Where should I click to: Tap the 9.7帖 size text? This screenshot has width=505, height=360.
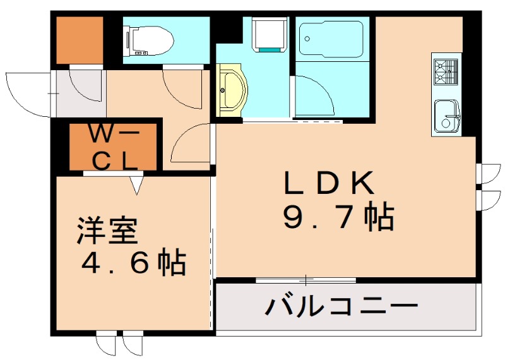tap(338, 218)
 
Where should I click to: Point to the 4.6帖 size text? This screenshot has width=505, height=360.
tap(133, 262)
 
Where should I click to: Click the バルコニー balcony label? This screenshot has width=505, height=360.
tap(342, 308)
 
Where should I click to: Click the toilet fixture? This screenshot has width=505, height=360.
tap(150, 39)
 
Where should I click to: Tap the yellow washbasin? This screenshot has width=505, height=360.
tap(231, 91)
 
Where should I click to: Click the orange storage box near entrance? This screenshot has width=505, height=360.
tap(80, 40)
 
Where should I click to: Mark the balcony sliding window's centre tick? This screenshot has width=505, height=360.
tap(307, 279)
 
